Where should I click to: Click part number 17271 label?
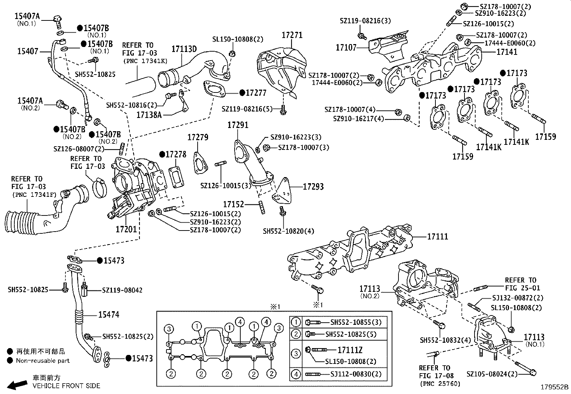pyautogui.click(x=292, y=35)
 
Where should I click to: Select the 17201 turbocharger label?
pyautogui.click(x=126, y=228)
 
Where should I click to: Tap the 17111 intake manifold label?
pyautogui.click(x=437, y=237)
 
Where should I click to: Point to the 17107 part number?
pyautogui.click(x=346, y=47)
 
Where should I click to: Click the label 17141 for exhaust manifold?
pyautogui.click(x=507, y=52)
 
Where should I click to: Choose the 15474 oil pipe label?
pyautogui.click(x=109, y=315)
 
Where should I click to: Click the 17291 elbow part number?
pyautogui.click(x=238, y=125)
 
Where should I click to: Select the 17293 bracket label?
pyautogui.click(x=313, y=186)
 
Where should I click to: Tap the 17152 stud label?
pyautogui.click(x=233, y=204)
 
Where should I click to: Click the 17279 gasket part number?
pyautogui.click(x=198, y=137)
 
